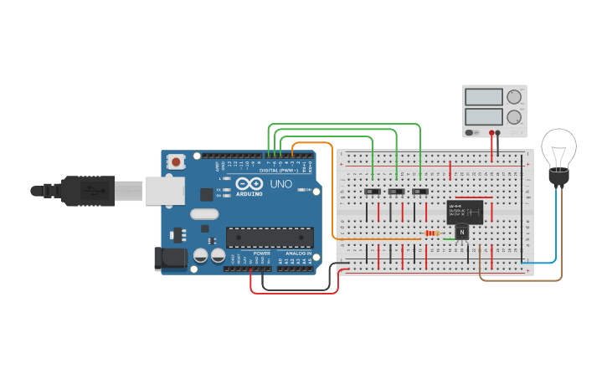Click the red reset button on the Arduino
click(176, 161)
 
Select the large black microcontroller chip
click(270, 238)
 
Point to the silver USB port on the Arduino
click(165, 191)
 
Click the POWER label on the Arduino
click(262, 253)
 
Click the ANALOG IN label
click(297, 253)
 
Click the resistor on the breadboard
click(432, 233)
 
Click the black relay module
click(465, 212)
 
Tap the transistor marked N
click(461, 233)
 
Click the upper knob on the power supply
click(513, 97)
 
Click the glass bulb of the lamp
click(558, 147)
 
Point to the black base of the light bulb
click(558, 177)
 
